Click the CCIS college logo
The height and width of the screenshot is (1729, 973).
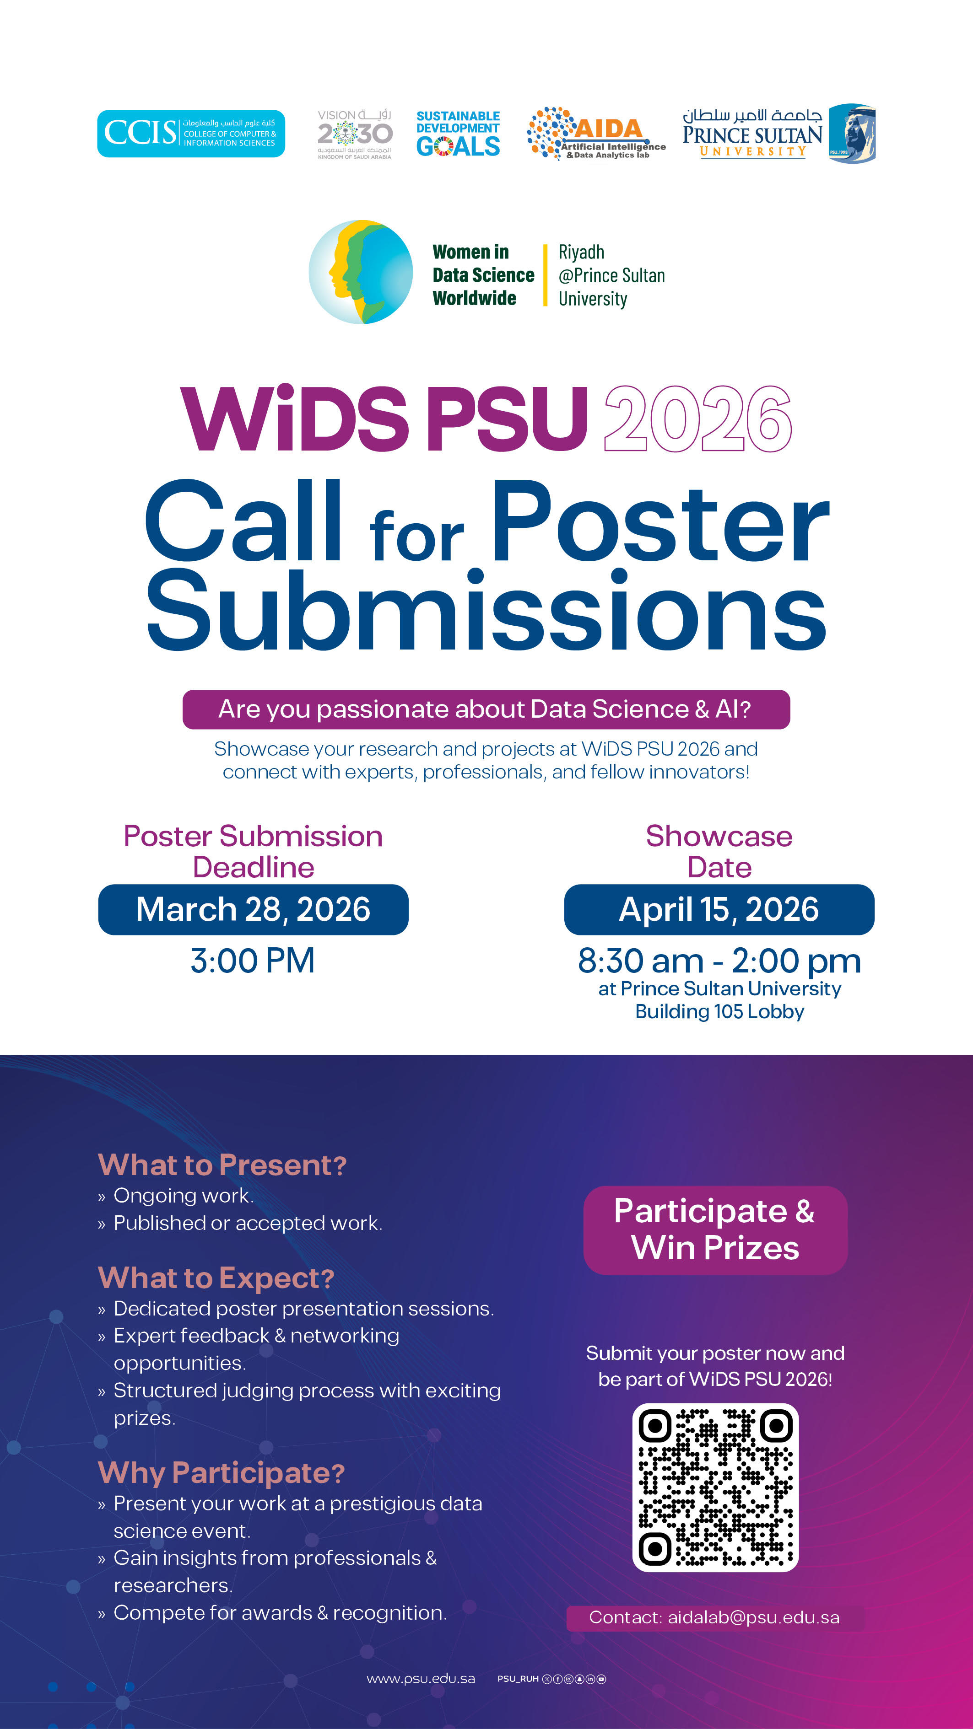(x=191, y=134)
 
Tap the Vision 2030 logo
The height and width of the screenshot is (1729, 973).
(x=355, y=134)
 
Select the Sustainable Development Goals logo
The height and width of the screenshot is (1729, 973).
(x=458, y=134)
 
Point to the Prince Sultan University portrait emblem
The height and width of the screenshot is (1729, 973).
(x=851, y=134)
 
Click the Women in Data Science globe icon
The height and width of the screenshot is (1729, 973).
(x=361, y=272)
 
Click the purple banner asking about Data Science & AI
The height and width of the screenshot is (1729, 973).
(x=486, y=709)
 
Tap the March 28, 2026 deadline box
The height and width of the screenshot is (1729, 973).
(x=253, y=909)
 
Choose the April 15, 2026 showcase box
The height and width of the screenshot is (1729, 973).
(x=719, y=909)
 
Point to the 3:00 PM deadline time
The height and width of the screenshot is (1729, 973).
(x=253, y=961)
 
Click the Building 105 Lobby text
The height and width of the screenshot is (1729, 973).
(x=720, y=1011)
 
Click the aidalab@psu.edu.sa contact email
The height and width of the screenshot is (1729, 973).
(x=753, y=1617)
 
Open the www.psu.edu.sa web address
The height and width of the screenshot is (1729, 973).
(x=421, y=1679)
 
